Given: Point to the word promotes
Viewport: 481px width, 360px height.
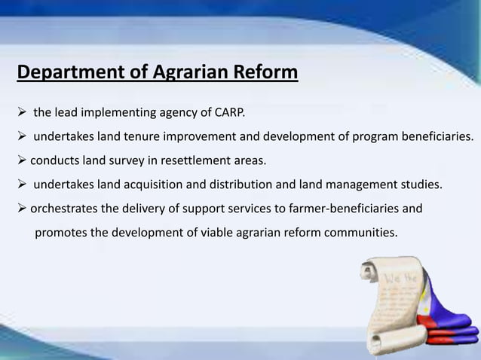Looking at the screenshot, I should (x=61, y=231).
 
